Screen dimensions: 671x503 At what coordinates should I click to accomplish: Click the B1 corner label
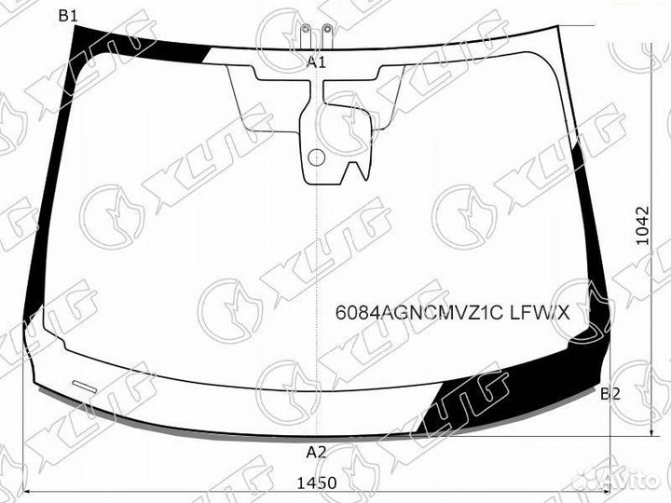tap(68, 16)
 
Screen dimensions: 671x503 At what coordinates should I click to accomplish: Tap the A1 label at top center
tap(316, 62)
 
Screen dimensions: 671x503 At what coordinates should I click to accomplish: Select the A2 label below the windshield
tap(316, 452)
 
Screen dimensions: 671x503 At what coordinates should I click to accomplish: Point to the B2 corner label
tap(610, 394)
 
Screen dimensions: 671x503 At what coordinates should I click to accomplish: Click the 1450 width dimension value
tap(317, 483)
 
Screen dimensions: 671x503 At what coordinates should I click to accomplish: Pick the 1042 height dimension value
tap(642, 225)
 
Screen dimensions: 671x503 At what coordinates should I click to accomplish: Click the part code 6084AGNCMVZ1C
tap(418, 313)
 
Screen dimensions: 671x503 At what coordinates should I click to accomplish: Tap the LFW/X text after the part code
tap(540, 313)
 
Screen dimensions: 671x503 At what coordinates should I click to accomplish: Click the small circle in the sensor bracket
tap(316, 157)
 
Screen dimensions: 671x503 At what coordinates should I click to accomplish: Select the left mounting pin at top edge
tap(305, 36)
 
